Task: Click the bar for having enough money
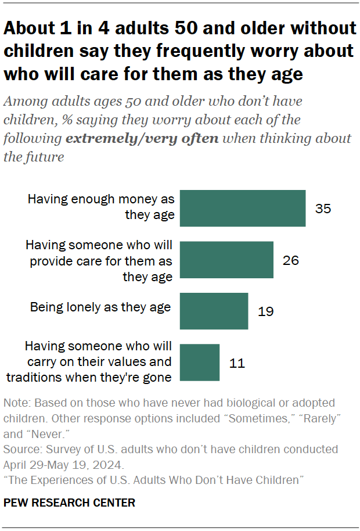click(x=243, y=208)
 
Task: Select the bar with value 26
click(x=226, y=260)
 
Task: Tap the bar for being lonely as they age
click(x=214, y=311)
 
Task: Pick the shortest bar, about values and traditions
click(x=200, y=363)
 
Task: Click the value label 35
click(x=323, y=208)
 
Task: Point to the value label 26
click(x=290, y=260)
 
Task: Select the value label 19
click(x=265, y=311)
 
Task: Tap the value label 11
click(x=237, y=363)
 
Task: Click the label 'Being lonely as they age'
click(x=101, y=307)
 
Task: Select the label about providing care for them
click(x=99, y=260)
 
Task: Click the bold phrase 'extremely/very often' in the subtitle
click(x=143, y=139)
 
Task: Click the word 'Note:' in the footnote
click(x=16, y=403)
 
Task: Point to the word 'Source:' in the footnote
click(x=21, y=450)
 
